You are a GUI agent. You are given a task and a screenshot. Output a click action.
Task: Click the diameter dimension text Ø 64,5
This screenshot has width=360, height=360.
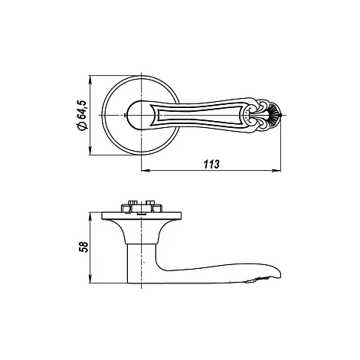point(83,115)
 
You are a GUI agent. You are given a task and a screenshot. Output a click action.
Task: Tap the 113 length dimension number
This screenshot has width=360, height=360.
point(211,164)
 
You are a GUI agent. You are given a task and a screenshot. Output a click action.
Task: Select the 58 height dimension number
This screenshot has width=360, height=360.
point(84,247)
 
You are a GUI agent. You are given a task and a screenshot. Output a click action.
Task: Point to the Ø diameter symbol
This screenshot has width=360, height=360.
point(83,126)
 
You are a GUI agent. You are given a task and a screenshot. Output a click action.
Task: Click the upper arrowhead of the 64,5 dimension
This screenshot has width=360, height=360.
point(90,80)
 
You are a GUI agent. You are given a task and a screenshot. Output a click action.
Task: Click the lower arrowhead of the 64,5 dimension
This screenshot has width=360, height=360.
point(90,151)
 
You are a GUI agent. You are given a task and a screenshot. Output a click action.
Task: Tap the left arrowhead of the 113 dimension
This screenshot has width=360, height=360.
point(146,171)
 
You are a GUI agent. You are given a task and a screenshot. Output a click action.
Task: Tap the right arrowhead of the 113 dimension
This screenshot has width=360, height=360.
point(277,171)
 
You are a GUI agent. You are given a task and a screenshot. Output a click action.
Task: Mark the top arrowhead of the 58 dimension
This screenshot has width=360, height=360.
point(90,216)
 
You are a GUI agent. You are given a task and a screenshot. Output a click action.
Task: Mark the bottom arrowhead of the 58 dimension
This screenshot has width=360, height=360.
point(90,279)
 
